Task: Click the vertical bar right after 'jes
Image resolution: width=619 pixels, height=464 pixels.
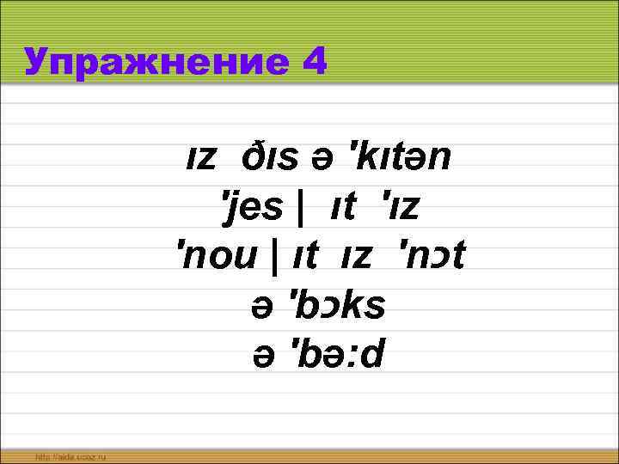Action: [x=299, y=208]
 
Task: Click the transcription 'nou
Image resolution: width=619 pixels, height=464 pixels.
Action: [x=217, y=256]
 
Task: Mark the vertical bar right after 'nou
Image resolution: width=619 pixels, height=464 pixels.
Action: [x=274, y=256]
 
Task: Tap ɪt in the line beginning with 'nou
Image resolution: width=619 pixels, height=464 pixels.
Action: [x=298, y=256]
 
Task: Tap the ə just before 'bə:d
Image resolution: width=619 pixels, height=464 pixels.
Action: [x=259, y=355]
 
